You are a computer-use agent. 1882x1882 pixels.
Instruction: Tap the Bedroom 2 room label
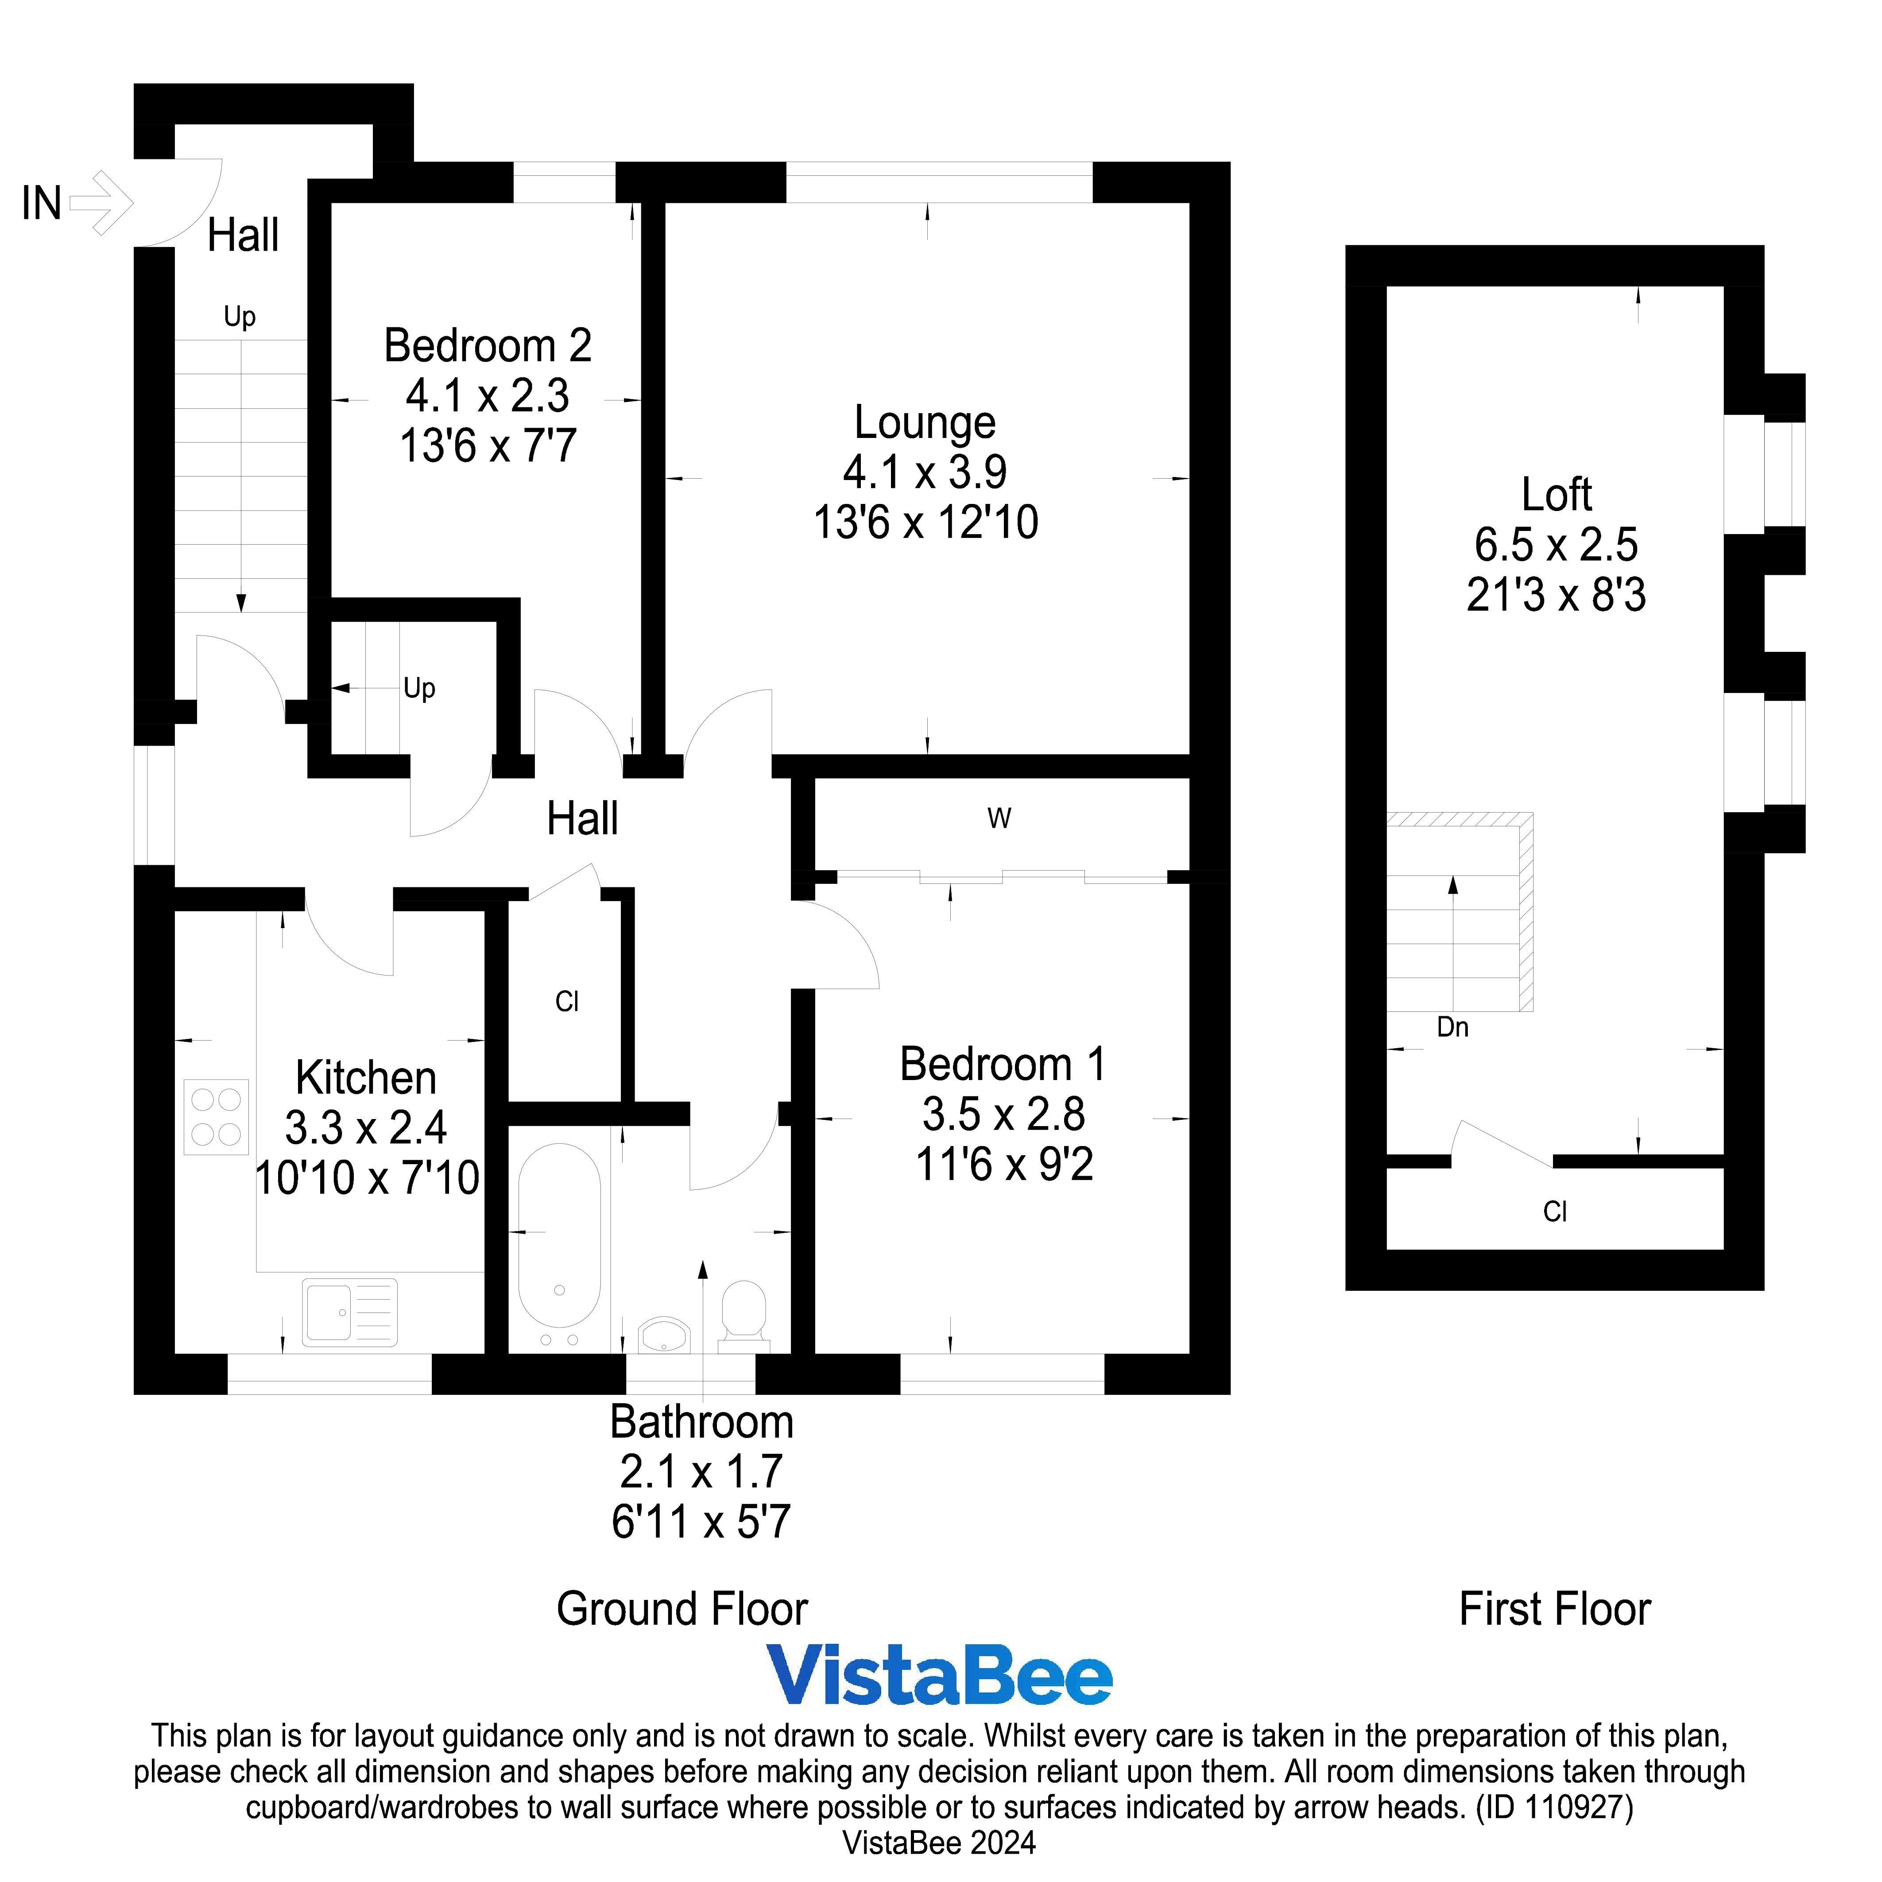[x=487, y=346]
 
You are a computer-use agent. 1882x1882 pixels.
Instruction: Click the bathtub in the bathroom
[x=559, y=1247]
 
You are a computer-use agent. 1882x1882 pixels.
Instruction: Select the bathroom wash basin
[x=664, y=1335]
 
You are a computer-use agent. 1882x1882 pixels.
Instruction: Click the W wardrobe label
[x=999, y=818]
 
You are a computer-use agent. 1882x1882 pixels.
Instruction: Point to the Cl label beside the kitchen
[x=567, y=1001]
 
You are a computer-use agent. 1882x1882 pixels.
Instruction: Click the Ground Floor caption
[x=682, y=1609]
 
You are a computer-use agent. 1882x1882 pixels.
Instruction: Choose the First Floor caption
[x=1555, y=1609]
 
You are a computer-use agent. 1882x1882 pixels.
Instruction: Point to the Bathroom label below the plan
[x=701, y=1422]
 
